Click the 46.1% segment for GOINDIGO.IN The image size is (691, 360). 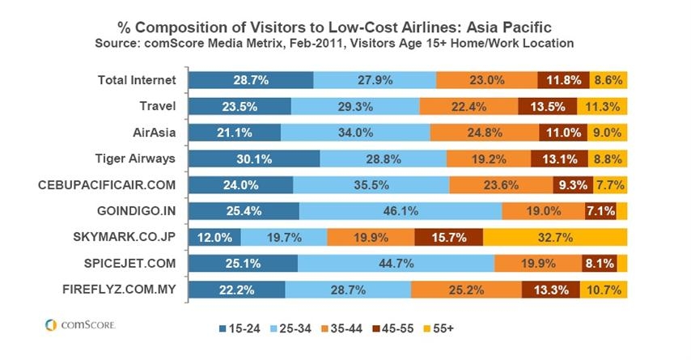(x=401, y=211)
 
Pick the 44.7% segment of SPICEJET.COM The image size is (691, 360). (x=396, y=264)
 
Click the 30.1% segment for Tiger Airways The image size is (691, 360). (x=254, y=159)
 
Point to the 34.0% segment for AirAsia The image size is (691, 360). (x=355, y=133)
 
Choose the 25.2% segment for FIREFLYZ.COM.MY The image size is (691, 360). (x=466, y=290)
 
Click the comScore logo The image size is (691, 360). (x=80, y=325)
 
